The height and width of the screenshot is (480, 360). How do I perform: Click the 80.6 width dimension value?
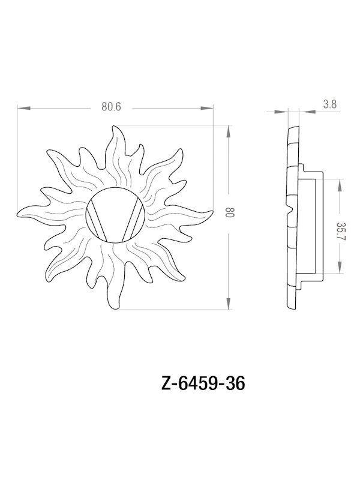(x=112, y=107)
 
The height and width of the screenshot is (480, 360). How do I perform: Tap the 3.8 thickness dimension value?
(x=329, y=104)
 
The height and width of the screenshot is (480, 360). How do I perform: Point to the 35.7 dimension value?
(x=341, y=231)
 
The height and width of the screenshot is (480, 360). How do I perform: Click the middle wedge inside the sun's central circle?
(x=116, y=214)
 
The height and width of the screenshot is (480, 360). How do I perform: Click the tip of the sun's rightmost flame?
(x=212, y=212)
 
